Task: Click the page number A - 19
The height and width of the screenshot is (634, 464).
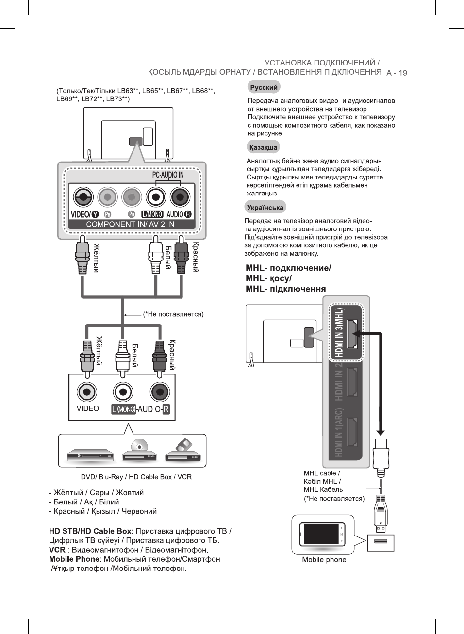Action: pyautogui.click(x=397, y=73)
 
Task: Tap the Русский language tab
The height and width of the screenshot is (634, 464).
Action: pyautogui.click(x=264, y=87)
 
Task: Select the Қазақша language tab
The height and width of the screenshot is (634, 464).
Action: pyautogui.click(x=263, y=147)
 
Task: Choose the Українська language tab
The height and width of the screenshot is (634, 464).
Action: pyautogui.click(x=265, y=207)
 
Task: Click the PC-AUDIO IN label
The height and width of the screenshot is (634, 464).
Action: pyautogui.click(x=168, y=175)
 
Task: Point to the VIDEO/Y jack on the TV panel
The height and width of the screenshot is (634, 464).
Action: pyautogui.click(x=83, y=197)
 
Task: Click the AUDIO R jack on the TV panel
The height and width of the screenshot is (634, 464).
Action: pyautogui.click(x=180, y=197)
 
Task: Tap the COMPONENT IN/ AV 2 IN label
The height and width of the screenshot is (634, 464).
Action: pyautogui.click(x=130, y=224)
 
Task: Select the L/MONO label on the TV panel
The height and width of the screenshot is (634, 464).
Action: pyautogui.click(x=152, y=214)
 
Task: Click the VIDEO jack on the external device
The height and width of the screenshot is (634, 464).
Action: pyautogui.click(x=87, y=392)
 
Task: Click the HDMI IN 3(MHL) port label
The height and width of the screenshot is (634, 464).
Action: pyautogui.click(x=339, y=332)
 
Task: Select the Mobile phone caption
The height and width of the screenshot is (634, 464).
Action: pyautogui.click(x=324, y=559)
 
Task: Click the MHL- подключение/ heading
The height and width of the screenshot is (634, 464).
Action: pyautogui.click(x=288, y=268)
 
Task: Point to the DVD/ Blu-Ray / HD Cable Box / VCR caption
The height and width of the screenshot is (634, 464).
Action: pyautogui.click(x=136, y=477)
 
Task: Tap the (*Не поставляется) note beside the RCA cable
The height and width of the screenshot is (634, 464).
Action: pyautogui.click(x=173, y=314)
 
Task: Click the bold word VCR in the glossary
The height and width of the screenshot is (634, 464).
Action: pyautogui.click(x=57, y=550)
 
